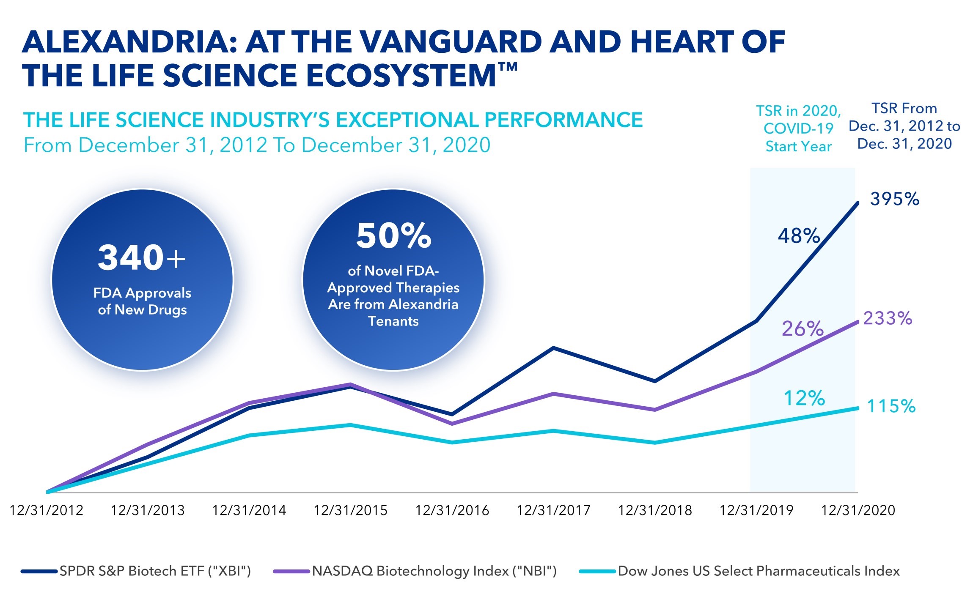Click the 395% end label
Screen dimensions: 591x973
pos(894,199)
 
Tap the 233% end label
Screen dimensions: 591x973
pos(888,318)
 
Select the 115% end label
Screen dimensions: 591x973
pos(891,406)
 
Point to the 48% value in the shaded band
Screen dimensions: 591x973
pos(799,236)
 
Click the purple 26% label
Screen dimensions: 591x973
pos(803,328)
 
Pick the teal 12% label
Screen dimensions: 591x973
pos(804,398)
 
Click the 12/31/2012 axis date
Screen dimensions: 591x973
pos(47,510)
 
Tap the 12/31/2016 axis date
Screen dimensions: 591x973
pos(452,510)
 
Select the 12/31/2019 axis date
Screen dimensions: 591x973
pos(756,510)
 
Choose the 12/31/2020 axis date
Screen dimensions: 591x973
pos(858,510)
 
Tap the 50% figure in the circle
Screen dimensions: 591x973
pos(393,235)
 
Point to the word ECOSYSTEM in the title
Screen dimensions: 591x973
pos(400,76)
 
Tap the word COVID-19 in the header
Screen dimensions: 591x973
pos(798,128)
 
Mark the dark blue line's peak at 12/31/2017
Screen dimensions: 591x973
pos(553,348)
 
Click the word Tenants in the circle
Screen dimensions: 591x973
pos(393,321)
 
